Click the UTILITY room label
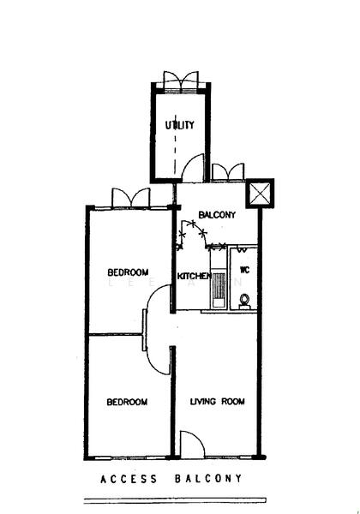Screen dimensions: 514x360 tap(180, 125)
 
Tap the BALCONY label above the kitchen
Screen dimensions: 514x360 tap(216, 214)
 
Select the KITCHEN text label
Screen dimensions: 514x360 tap(194, 276)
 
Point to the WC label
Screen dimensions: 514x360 tap(243, 270)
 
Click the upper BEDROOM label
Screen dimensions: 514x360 tap(128, 272)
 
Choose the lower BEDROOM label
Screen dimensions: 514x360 tap(127, 402)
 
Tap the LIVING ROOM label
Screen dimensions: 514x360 tap(218, 401)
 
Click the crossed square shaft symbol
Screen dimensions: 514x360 tap(259, 193)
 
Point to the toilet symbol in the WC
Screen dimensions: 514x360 tap(244, 300)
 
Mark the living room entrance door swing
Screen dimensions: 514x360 tap(192, 445)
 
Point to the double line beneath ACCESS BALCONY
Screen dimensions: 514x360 tap(171, 499)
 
